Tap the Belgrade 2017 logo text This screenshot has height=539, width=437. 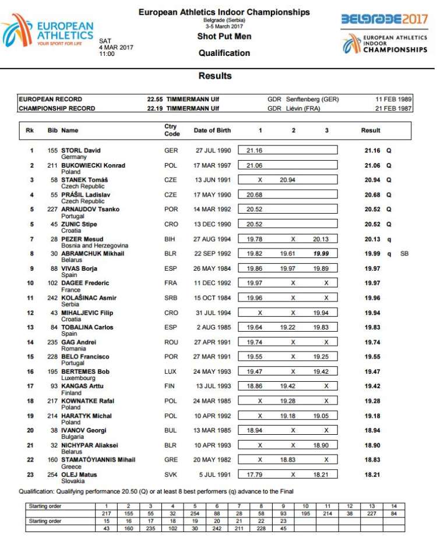tap(384, 19)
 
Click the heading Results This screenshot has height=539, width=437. tap(215, 76)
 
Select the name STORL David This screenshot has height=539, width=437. tap(81, 151)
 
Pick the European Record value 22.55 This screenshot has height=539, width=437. tap(156, 100)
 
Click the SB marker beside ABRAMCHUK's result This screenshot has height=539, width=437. tap(404, 254)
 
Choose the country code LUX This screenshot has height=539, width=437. tap(171, 371)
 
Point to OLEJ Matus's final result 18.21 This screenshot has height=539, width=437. tap(373, 474)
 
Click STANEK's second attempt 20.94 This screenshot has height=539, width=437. tap(288, 180)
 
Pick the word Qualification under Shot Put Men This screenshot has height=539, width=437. tap(224, 53)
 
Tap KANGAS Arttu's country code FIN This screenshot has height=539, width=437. tap(170, 386)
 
